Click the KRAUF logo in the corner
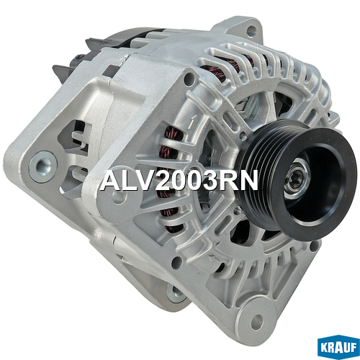pyautogui.click(x=338, y=348)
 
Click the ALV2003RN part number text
pyautogui.click(x=179, y=181)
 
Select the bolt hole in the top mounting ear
pyautogui.click(x=251, y=30)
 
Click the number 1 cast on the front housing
pyautogui.click(x=192, y=122)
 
